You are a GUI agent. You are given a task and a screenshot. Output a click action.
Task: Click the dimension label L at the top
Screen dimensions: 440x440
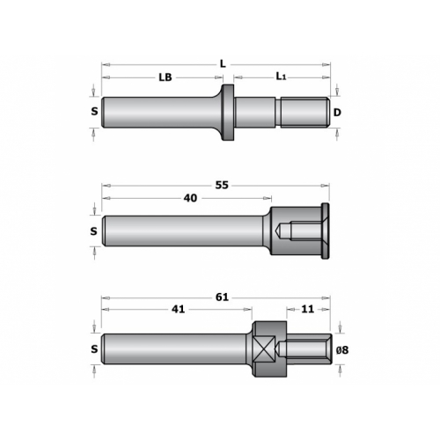tap(223, 64)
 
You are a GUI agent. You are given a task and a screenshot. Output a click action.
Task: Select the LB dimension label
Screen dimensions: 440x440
tap(165, 77)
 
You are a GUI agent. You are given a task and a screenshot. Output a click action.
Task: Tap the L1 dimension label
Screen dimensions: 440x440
tap(281, 77)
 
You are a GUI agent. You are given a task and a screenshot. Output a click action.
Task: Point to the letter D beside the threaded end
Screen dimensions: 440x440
tap(337, 113)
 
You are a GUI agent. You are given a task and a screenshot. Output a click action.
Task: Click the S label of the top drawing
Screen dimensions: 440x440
tap(94, 111)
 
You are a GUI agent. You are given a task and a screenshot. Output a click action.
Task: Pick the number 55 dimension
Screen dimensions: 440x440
tap(222, 186)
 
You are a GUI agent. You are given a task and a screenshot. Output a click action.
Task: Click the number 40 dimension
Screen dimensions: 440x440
tap(190, 198)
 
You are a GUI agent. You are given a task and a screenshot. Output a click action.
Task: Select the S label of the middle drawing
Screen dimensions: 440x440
tap(93, 231)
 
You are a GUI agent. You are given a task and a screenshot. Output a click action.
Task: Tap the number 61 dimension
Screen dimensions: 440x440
tap(222, 297)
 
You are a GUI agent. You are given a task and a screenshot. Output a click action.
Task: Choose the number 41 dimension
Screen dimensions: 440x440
tap(178, 309)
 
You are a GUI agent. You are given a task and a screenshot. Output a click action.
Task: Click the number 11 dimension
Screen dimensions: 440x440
tap(308, 309)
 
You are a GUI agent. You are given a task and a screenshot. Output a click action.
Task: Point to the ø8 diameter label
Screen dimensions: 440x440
tap(342, 350)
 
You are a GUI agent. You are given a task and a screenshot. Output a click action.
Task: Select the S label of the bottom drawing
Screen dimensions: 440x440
tap(94, 349)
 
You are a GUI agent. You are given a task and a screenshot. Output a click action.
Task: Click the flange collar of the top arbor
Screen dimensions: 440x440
tap(227, 113)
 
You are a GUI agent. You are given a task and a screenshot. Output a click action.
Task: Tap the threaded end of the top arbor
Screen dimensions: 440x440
tap(305, 113)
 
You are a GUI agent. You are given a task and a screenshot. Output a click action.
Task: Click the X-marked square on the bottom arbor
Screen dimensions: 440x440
tap(265, 349)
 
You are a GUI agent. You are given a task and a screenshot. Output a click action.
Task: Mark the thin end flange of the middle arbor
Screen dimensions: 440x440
tap(325, 231)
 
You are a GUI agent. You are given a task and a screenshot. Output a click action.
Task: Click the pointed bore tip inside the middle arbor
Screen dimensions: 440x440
tap(277, 231)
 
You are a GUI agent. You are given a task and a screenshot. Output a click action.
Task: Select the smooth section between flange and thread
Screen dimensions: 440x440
tap(255, 113)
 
